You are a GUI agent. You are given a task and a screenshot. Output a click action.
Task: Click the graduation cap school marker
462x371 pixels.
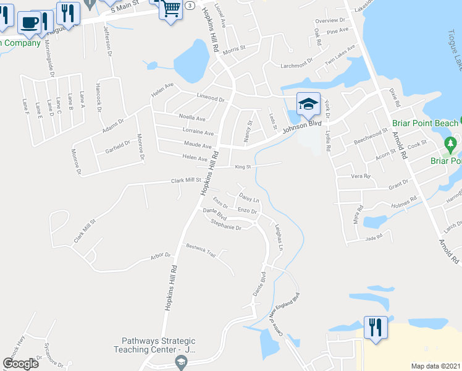click(308, 103)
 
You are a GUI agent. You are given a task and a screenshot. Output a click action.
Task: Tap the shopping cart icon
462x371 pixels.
click(170, 9)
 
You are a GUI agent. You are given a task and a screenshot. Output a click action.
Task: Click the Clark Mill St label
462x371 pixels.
click(186, 181)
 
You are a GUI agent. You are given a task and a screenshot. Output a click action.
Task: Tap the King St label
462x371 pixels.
click(243, 166)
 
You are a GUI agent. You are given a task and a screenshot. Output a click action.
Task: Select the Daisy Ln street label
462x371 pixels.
click(249, 200)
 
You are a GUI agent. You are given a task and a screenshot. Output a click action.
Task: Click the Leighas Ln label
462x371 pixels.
click(279, 237)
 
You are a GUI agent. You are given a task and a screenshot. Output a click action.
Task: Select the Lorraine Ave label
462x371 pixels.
click(198, 132)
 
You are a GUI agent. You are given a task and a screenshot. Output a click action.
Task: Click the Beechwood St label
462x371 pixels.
click(370, 134)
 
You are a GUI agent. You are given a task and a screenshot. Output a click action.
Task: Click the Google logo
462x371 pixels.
click(21, 363)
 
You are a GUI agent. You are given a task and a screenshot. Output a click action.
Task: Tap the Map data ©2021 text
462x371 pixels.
click(435, 366)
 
